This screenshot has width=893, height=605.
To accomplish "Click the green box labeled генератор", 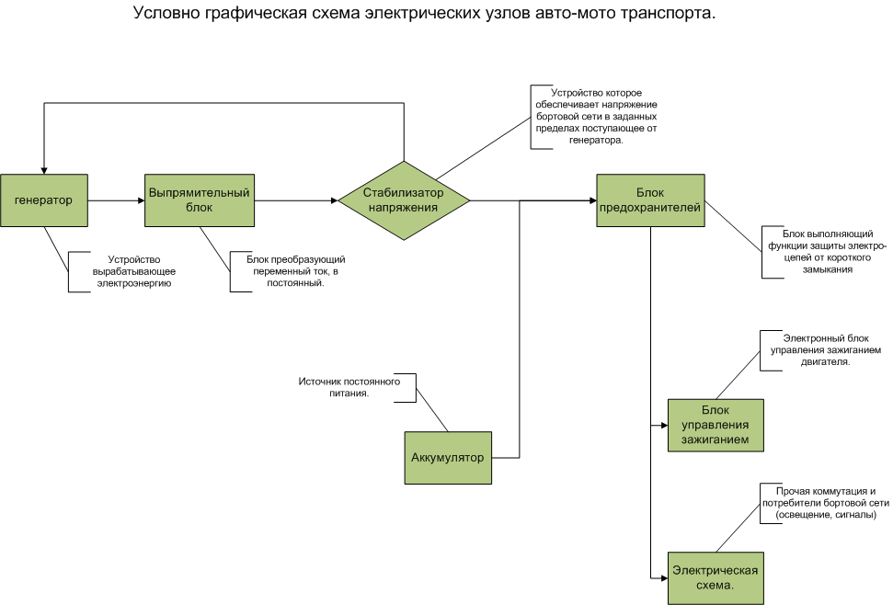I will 44,200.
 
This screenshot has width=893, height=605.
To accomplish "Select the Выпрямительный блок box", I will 200,200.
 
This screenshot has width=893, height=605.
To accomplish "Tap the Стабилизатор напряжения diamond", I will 404,200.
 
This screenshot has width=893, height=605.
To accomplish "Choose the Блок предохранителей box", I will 650,200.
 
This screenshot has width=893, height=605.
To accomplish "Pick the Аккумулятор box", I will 448,457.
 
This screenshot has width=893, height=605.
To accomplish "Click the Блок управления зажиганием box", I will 716,425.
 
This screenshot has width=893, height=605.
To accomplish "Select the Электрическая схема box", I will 716,576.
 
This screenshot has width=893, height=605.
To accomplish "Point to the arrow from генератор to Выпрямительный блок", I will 116,200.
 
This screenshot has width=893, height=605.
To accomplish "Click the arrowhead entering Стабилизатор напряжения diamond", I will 333,200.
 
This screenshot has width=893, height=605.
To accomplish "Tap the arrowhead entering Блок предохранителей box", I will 590,200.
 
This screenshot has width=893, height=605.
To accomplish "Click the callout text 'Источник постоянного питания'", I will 349,387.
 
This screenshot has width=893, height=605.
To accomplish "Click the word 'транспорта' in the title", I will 669,14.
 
